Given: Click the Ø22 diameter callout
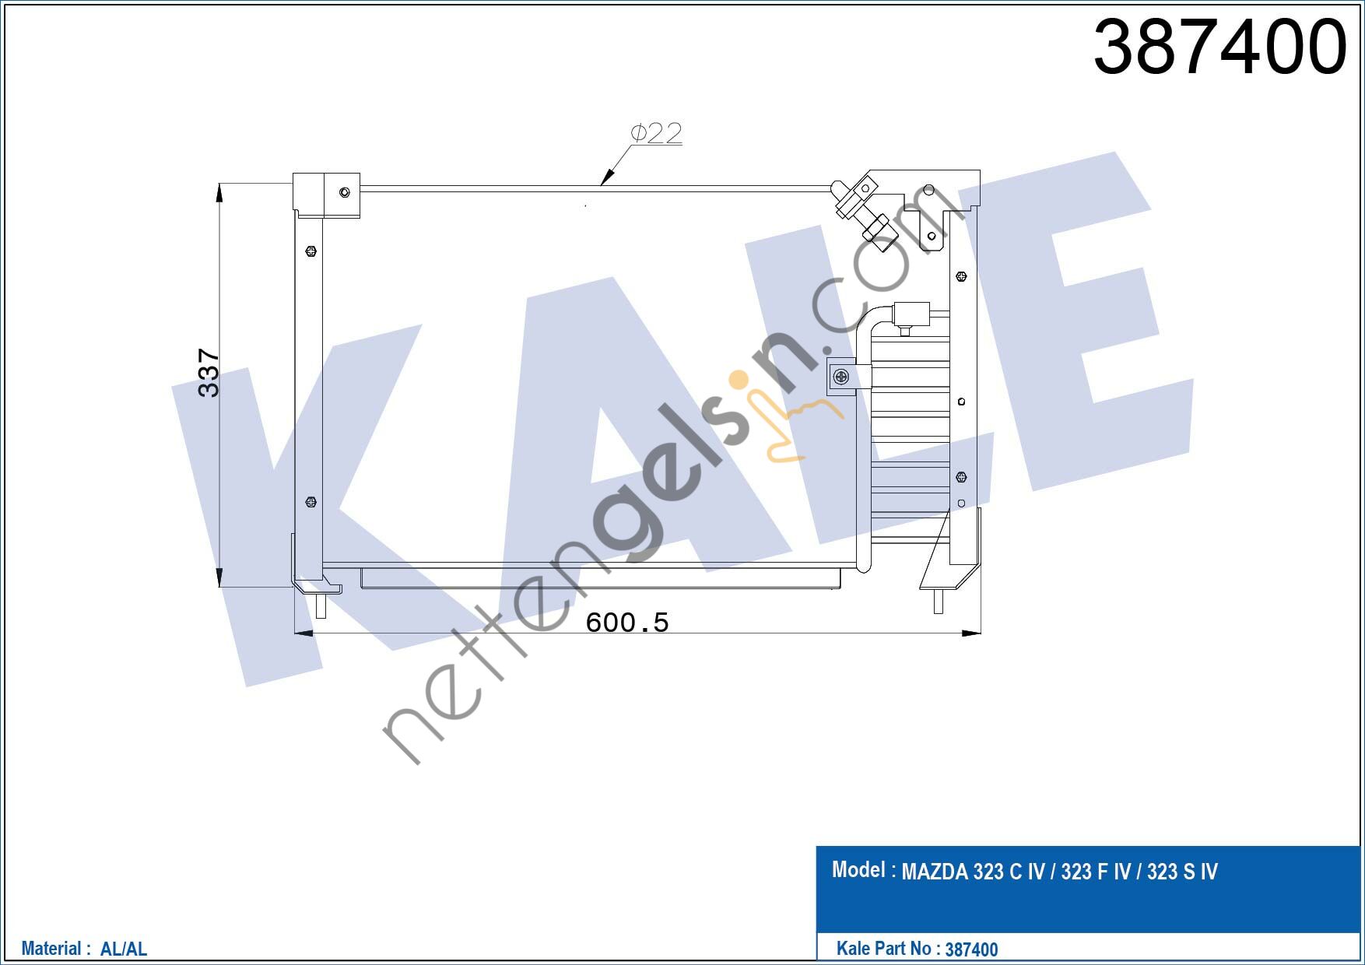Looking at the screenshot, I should click(x=656, y=133).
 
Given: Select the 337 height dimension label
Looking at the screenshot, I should click(x=209, y=373).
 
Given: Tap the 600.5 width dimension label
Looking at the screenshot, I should click(x=626, y=623).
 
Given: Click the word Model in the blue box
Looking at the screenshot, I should click(x=858, y=869).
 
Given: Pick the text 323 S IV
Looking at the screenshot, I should click(x=1181, y=872).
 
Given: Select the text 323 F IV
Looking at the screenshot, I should click(x=1095, y=872).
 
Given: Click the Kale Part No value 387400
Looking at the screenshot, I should click(x=971, y=949).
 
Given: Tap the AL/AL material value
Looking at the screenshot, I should click(x=124, y=949).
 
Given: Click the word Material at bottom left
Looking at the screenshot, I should click(x=51, y=949).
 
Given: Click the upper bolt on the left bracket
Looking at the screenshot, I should click(x=311, y=251).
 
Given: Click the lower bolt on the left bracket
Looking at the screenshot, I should click(x=311, y=502).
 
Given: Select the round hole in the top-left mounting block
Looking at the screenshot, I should click(x=345, y=192).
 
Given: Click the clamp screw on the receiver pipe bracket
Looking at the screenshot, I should click(x=840, y=377).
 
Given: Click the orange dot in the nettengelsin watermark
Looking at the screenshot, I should click(x=737, y=380).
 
